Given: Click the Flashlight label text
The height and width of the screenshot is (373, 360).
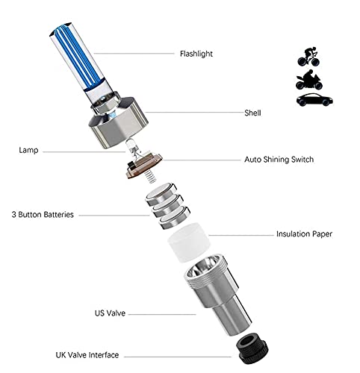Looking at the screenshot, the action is point(196,54).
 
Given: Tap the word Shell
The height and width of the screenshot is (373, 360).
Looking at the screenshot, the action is point(252,113).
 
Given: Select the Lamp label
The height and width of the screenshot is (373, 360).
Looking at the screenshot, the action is point(28,150).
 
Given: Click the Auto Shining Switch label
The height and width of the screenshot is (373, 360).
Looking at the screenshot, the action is point(279,160).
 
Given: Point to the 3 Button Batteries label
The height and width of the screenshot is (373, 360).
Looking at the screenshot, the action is point(43,215).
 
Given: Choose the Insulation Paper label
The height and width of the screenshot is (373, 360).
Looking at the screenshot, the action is point(304,234).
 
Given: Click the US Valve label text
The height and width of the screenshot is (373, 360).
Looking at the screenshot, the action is point(110,313).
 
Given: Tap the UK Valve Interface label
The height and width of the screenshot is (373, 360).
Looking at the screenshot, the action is point(87,355).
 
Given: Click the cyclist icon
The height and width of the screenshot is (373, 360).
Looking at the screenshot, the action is point(308,57).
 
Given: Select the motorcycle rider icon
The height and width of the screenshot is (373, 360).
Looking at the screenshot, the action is point(309,80).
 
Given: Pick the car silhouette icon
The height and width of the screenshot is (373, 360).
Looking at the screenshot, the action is point(314,100).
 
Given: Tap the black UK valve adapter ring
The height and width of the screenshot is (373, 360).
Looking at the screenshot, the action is point(252,349).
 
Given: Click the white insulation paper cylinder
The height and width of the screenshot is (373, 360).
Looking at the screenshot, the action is point(189,242).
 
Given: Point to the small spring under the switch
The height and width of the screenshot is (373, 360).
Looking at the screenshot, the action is point(150,176).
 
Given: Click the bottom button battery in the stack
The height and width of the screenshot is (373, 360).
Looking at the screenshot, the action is point(175,218).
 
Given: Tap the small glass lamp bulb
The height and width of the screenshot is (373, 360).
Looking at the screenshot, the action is point(131,147).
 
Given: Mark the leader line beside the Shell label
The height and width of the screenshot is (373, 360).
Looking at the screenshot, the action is point(194,112).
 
